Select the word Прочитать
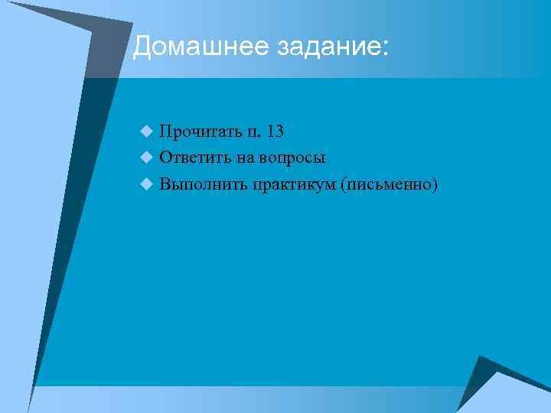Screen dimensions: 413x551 tap(198, 132)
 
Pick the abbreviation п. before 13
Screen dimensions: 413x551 tap(252, 133)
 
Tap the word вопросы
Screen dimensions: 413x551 tap(294, 159)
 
